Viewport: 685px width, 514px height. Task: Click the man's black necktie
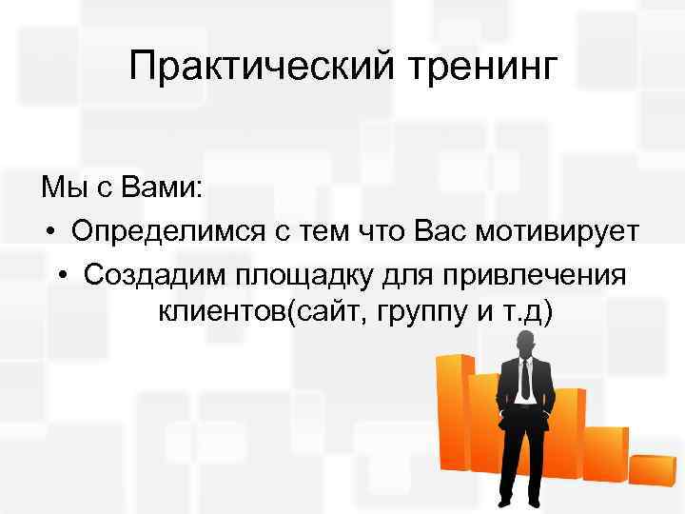(x=525, y=379)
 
